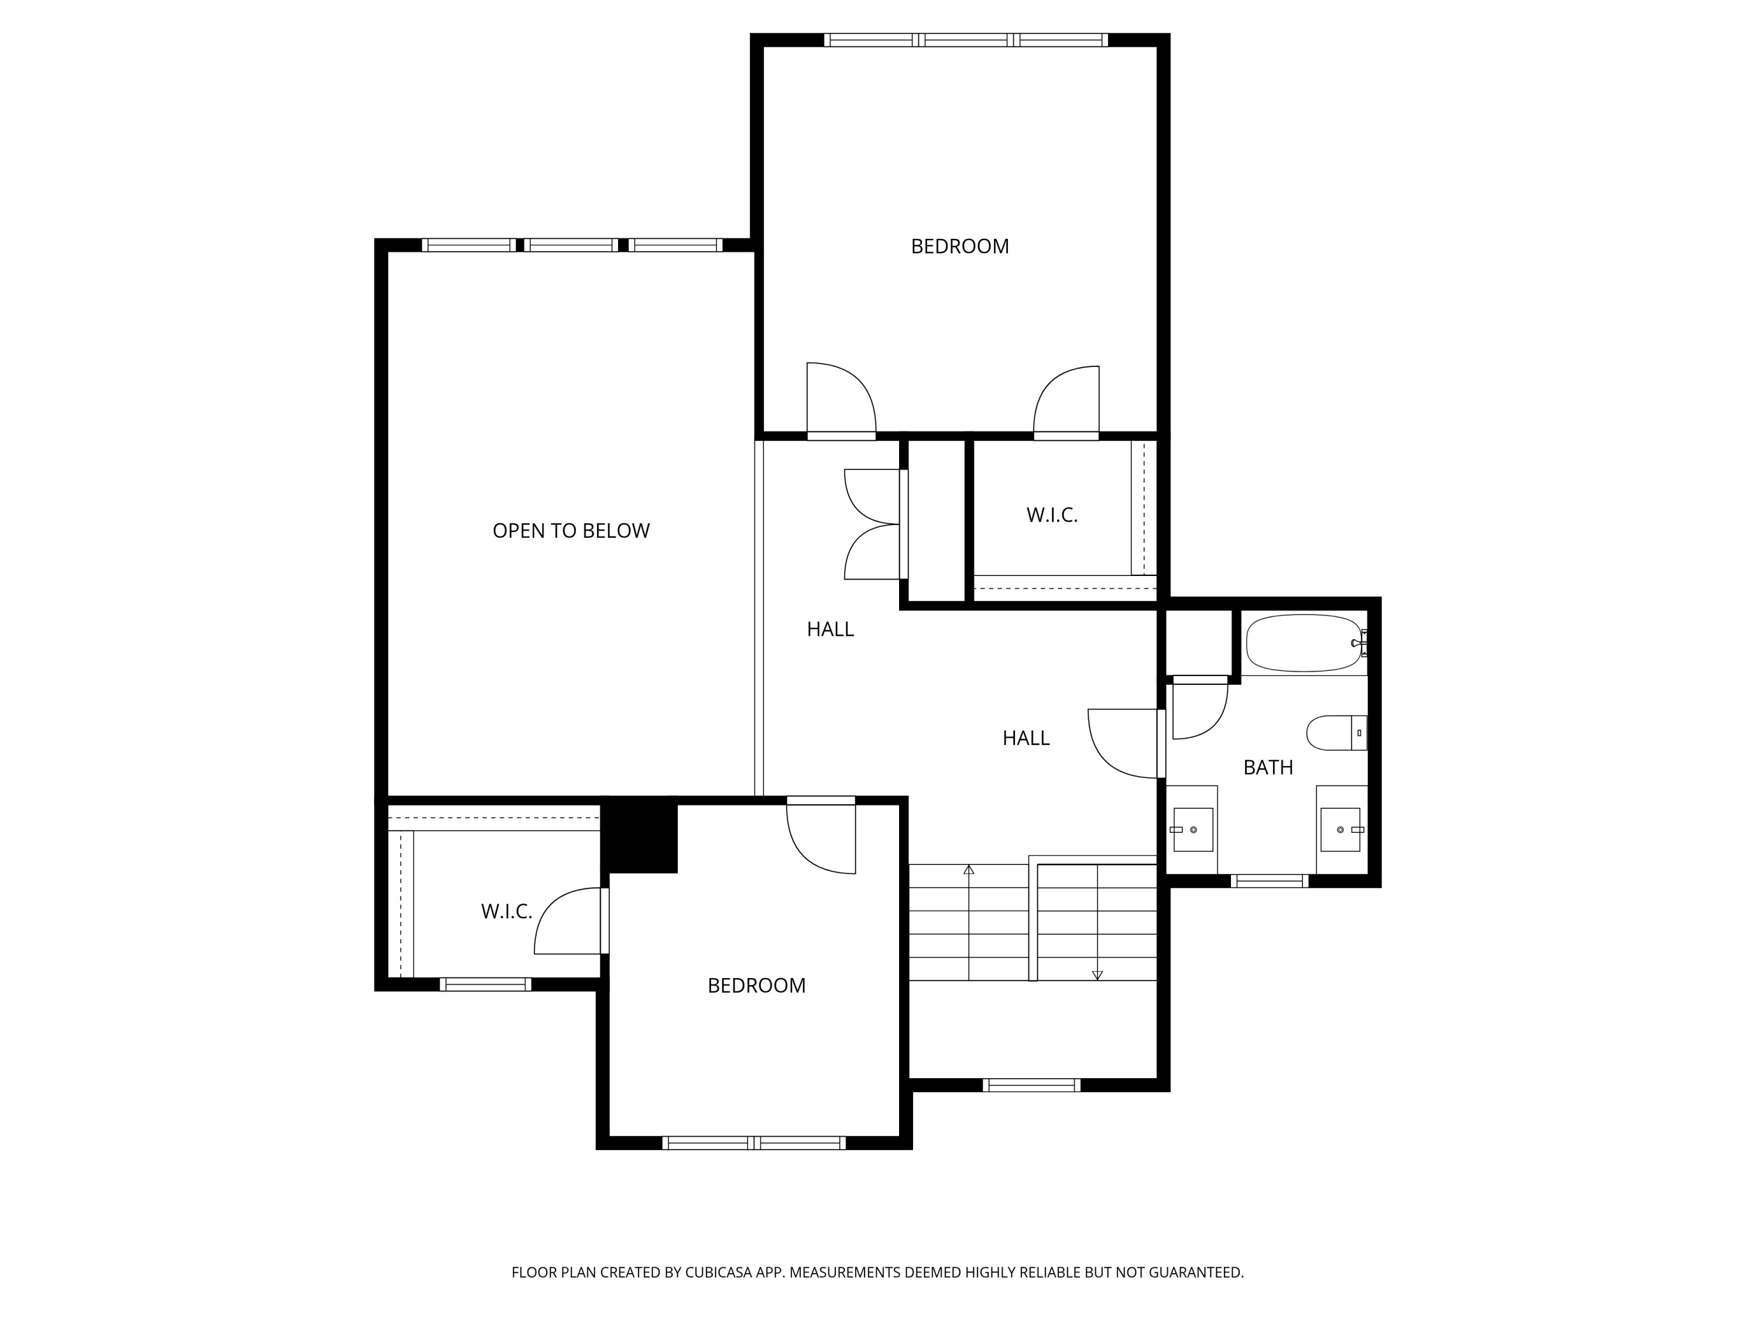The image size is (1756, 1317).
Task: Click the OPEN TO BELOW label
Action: coord(571,530)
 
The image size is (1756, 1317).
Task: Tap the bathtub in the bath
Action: coord(1304,643)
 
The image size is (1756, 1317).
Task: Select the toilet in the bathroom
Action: coord(1336,733)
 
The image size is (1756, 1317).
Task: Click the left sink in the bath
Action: coord(1193,829)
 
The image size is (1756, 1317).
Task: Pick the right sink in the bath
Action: coord(1340,829)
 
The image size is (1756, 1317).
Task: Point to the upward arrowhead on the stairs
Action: coord(969,870)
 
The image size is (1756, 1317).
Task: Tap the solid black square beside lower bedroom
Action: coord(639,836)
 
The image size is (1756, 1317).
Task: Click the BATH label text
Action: coord(1268,767)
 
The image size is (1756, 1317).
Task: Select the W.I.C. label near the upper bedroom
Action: coord(1052,515)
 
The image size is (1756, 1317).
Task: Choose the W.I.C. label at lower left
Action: coord(506,911)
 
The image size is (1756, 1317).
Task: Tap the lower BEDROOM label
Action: coord(756,985)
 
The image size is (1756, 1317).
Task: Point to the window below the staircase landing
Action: coord(1031,1085)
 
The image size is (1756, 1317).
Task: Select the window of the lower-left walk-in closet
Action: coord(485,985)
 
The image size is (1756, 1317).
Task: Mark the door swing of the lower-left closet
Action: coord(567,921)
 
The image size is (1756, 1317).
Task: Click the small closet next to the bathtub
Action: coord(1198,642)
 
